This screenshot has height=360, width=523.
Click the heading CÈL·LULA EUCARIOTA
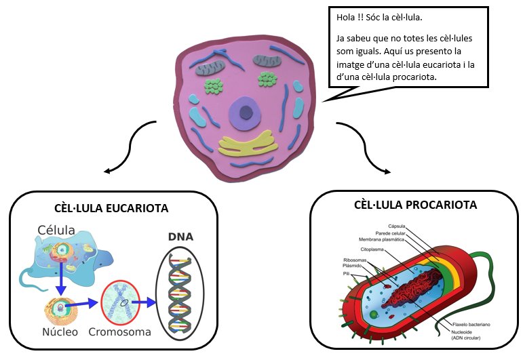coord(111,207)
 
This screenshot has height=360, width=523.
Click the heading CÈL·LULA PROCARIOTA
coord(415,205)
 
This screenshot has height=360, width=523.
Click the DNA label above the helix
coord(180,237)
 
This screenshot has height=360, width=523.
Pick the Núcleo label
coord(59,332)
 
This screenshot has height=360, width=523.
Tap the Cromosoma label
coord(119,332)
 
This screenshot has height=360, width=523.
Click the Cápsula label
coord(397,226)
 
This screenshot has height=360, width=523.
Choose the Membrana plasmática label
coord(381,239)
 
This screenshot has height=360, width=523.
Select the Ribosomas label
coord(356,260)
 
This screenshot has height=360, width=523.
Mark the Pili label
coord(346,273)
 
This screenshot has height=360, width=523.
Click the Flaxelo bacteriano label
coord(471,325)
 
